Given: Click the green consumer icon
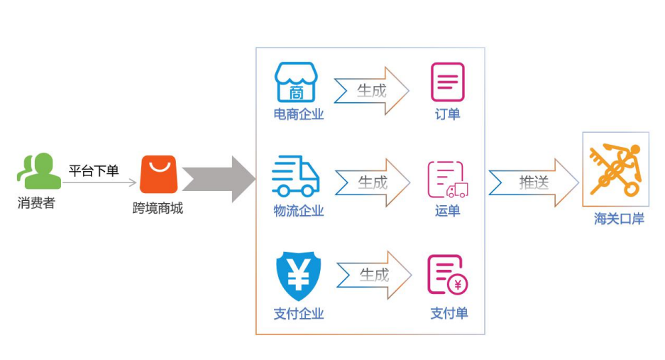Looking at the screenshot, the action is [x=39, y=170].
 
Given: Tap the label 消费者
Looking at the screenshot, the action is [x=36, y=203].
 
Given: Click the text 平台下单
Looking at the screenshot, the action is [x=94, y=170].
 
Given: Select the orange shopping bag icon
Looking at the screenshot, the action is [x=159, y=174].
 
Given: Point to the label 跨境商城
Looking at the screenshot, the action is [x=158, y=208].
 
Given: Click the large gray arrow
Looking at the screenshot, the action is [x=219, y=179].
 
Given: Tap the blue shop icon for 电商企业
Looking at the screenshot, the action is [x=296, y=82].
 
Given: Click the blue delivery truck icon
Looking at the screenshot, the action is [x=296, y=176].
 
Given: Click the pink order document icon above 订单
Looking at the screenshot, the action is [x=448, y=82].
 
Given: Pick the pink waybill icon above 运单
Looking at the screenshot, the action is [x=448, y=180].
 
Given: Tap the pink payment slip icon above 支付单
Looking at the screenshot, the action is [x=447, y=275].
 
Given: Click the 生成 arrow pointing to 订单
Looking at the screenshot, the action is [x=371, y=91].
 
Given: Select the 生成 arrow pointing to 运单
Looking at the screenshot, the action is [x=373, y=183].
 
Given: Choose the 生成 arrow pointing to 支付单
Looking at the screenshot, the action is [x=374, y=275].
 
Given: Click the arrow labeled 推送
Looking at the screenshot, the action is [x=534, y=183].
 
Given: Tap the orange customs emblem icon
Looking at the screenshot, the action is [x=616, y=170].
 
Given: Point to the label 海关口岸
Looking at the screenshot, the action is [x=619, y=219].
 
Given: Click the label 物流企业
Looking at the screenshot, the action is [x=299, y=211].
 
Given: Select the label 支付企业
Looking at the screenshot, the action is [x=299, y=314].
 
